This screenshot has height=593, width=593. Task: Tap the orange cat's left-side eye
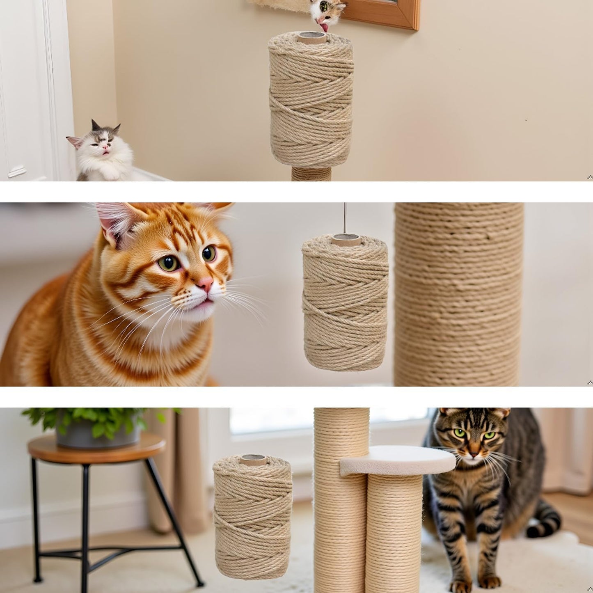(168, 263)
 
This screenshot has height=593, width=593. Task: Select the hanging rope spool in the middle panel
(345, 304)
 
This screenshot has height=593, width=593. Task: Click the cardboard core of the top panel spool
(313, 38)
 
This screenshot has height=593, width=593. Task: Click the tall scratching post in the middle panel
(458, 295)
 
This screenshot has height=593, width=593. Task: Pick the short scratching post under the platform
(394, 533)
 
